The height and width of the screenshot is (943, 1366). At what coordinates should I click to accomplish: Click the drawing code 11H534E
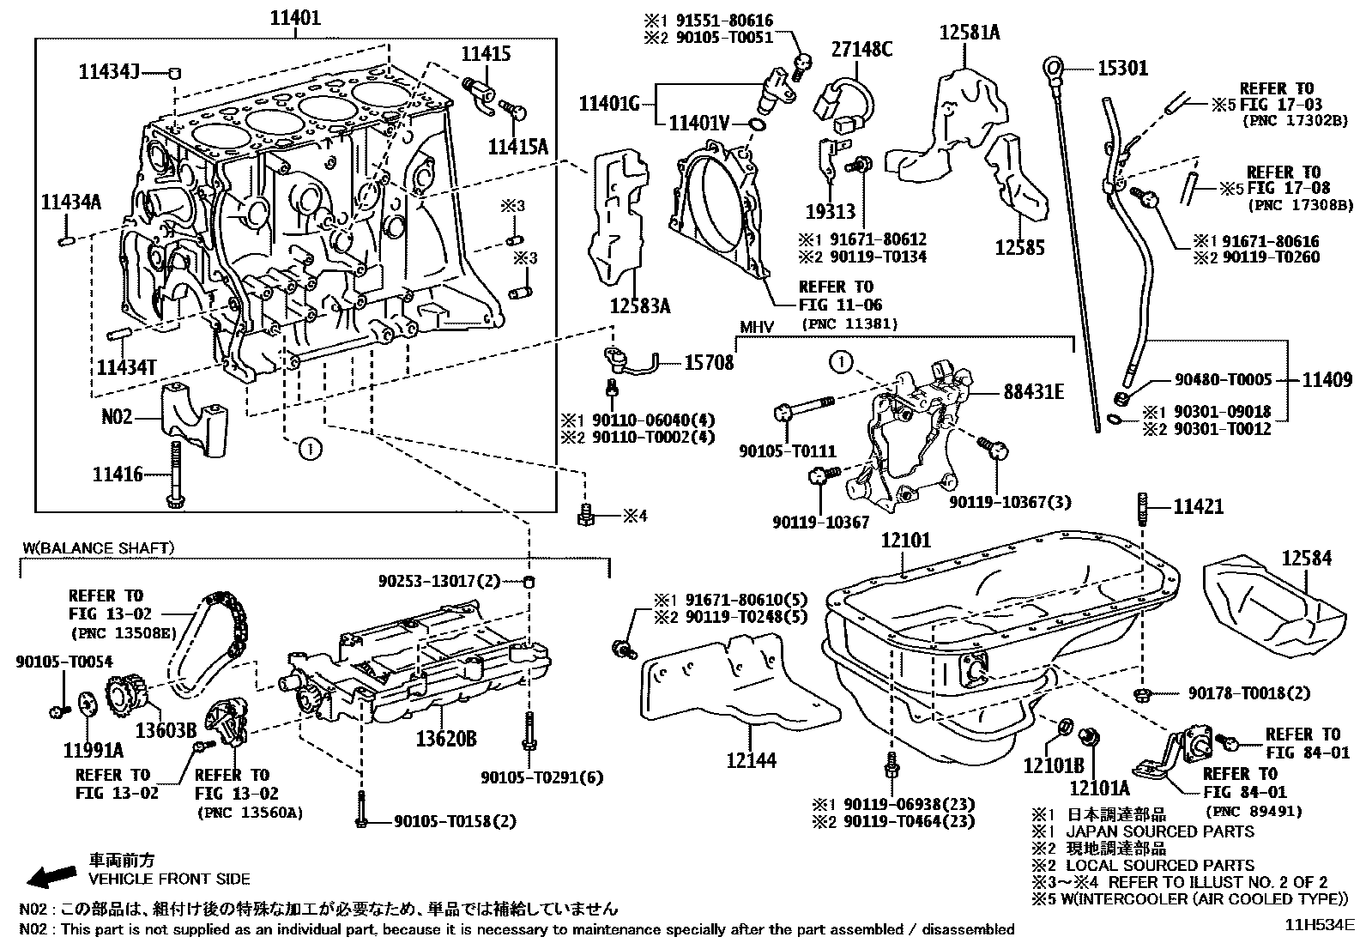pos(1319,925)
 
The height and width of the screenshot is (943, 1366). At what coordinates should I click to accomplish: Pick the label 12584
pos(1306,559)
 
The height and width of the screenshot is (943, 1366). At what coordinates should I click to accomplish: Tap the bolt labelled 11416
pos(176,474)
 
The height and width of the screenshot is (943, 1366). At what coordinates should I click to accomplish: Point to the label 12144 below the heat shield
pos(751,759)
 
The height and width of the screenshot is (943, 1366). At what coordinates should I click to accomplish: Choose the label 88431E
pos(1034,391)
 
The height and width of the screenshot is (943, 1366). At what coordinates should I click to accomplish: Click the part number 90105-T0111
pos(787,451)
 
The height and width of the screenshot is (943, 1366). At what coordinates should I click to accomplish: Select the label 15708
pos(709,363)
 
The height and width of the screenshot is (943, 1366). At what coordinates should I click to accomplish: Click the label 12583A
pos(639,305)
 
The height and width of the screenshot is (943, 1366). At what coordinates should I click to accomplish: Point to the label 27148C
pos(861,50)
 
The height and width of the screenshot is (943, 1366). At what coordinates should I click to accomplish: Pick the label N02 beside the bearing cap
pos(118,417)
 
